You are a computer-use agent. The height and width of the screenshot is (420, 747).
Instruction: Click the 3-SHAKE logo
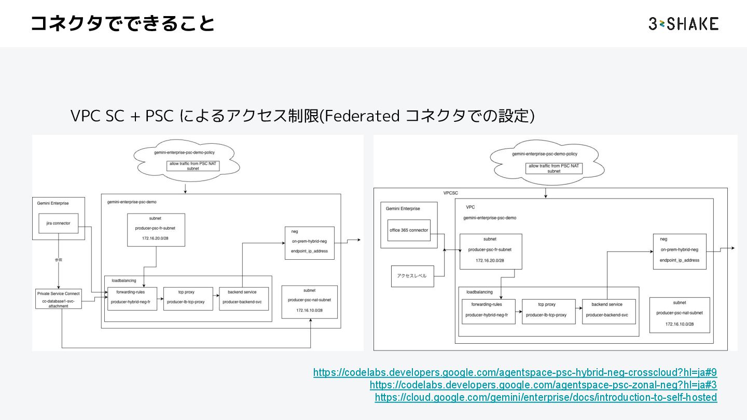coord(683,24)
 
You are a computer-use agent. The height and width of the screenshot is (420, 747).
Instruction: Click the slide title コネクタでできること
coord(122,24)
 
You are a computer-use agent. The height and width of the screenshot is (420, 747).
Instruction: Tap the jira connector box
coord(58,223)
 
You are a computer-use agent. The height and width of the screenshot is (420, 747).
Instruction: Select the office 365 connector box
coord(409,230)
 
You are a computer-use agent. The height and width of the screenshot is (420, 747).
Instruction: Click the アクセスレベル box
coord(412,276)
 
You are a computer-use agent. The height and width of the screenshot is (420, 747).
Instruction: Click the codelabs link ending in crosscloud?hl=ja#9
coord(515,372)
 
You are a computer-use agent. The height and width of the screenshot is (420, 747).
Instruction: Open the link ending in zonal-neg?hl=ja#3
coord(543,385)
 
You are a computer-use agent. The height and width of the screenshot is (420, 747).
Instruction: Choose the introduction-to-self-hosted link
coord(546,397)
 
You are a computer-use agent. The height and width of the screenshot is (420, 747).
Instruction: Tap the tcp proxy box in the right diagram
coord(549,311)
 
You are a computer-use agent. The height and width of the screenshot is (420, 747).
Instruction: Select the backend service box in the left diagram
coord(244,298)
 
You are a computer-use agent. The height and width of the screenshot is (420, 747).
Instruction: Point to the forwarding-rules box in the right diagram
coord(488,311)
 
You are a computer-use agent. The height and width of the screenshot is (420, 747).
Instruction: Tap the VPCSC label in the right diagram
coord(451,193)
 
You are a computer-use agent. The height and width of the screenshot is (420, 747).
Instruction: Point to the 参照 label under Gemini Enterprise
coord(58,259)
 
